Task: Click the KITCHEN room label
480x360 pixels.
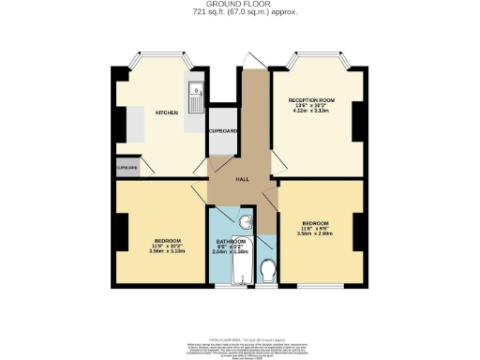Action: (x=167, y=112)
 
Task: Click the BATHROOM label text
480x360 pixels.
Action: (x=231, y=241)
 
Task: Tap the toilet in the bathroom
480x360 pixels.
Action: (x=268, y=270)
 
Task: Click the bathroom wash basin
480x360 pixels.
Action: (x=246, y=223)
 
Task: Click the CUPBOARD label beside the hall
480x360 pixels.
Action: (x=222, y=131)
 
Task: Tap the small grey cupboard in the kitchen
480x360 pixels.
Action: (x=127, y=169)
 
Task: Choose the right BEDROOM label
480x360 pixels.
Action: (x=315, y=222)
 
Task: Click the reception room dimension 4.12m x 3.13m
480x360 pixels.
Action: (x=312, y=111)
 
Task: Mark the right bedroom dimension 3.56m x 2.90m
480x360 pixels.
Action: (x=315, y=233)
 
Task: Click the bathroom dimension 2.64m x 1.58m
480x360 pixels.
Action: (x=231, y=252)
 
